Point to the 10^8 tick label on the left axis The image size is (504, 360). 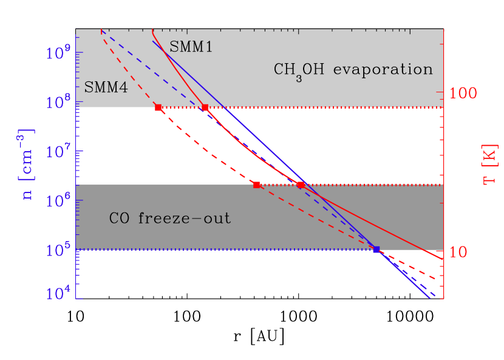coord(58,102)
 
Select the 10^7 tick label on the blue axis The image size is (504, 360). coord(58,151)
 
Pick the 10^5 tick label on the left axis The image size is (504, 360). coord(58,250)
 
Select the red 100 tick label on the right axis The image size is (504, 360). coord(465,93)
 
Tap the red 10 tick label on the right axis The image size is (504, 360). coord(460,251)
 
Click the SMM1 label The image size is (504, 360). coord(191,47)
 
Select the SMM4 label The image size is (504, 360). coord(106,87)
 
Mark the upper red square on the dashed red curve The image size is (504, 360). coord(158,107)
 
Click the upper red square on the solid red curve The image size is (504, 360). coord(205,107)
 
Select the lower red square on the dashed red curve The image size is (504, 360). coord(256,185)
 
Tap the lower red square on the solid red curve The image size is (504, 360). coord(301,185)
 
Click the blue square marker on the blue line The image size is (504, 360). coord(376,250)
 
